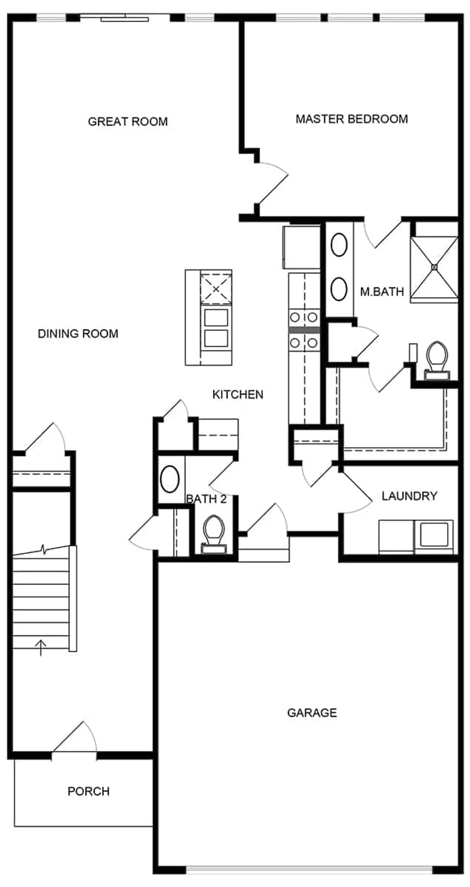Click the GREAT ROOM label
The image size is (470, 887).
click(x=127, y=121)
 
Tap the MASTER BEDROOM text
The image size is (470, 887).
click(x=351, y=119)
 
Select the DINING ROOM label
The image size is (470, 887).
click(x=78, y=333)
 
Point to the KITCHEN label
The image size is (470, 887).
click(x=238, y=395)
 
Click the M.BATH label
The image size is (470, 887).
click(x=381, y=291)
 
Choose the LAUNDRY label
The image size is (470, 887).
click(x=409, y=496)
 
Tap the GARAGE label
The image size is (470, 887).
click(x=312, y=713)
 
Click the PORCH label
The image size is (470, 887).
click(x=89, y=791)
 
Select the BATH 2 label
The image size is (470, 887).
click(x=206, y=499)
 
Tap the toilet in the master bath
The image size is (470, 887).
click(x=437, y=360)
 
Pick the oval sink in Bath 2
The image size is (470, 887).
click(x=170, y=479)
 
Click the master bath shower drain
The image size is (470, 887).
click(x=434, y=267)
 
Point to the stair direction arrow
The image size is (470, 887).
click(x=40, y=648)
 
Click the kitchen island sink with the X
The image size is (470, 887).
click(x=216, y=289)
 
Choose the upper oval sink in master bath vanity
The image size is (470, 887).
click(x=339, y=245)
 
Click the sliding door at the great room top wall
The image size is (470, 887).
click(x=125, y=18)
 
